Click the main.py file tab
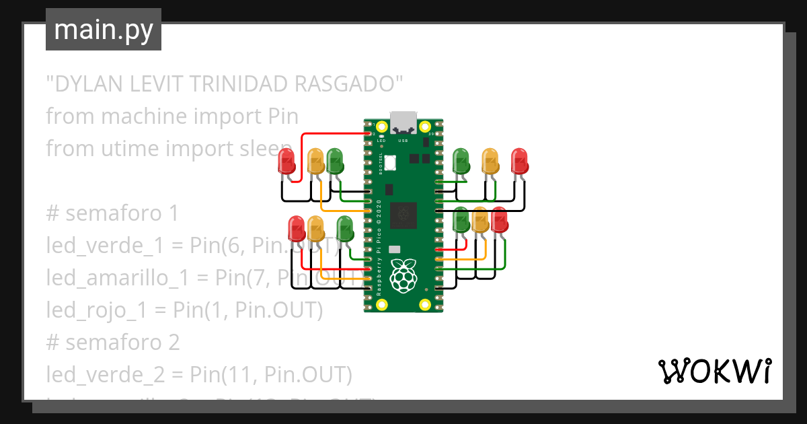103,30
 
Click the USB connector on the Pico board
403,122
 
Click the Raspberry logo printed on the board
403,276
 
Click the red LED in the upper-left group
287,162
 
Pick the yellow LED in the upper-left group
315,162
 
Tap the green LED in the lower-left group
344,229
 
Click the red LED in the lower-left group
297,229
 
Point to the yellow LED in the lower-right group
479,221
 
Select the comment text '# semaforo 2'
113,342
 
